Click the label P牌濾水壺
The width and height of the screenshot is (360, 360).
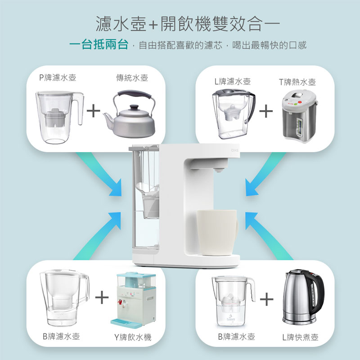(x=58, y=77)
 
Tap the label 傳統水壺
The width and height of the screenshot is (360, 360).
(x=132, y=78)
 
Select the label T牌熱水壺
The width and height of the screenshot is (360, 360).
(x=297, y=82)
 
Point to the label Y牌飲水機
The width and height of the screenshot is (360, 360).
(x=133, y=337)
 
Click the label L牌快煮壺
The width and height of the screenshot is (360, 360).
(x=300, y=337)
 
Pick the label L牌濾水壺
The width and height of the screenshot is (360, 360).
(x=232, y=81)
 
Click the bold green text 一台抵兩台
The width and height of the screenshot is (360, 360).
(x=99, y=44)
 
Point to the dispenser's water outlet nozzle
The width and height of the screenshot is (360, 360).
(x=219, y=170)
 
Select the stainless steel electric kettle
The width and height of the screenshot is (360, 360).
(x=303, y=297)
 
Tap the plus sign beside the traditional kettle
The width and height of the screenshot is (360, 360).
(x=94, y=111)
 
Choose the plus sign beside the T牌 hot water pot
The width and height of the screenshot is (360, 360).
(x=266, y=111)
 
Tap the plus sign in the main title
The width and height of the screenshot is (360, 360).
(x=153, y=25)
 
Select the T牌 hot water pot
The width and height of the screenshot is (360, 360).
(x=299, y=116)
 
